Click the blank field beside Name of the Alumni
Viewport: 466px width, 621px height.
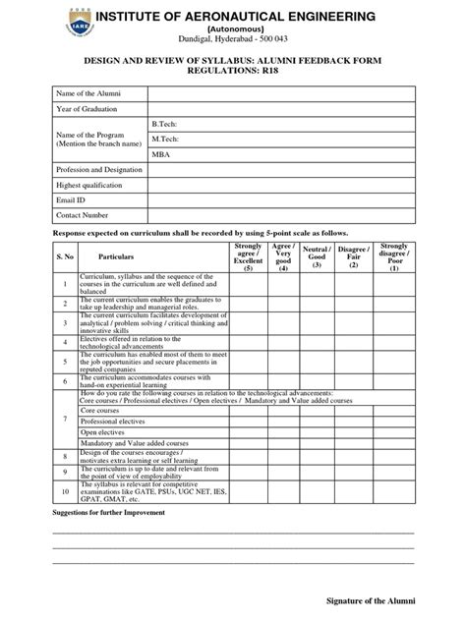coord(280,92)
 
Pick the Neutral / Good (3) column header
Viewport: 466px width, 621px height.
coord(317,257)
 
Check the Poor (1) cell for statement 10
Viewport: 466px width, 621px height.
coord(395,493)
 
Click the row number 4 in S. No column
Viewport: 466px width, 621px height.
coord(63,342)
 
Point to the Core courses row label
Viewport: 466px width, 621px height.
coord(99,404)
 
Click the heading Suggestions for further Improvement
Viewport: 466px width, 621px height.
coord(109,514)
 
